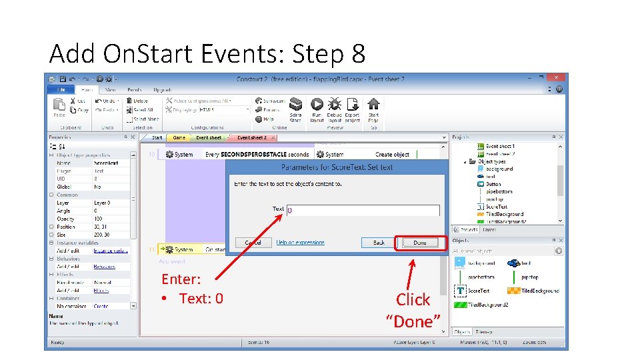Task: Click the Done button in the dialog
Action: tap(420, 243)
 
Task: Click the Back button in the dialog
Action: tap(379, 243)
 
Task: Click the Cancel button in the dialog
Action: tap(253, 243)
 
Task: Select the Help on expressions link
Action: tap(301, 243)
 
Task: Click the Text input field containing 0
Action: tap(363, 210)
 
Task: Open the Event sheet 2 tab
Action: tap(251, 138)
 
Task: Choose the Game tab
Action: tap(179, 138)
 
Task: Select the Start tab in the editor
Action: tap(157, 138)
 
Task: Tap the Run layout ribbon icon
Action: tap(317, 109)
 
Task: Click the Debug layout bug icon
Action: tap(334, 109)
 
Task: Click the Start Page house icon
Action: tap(373, 109)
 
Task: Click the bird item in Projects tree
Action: tap(489, 177)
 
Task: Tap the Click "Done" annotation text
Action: tap(413, 310)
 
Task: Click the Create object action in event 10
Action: tap(392, 155)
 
